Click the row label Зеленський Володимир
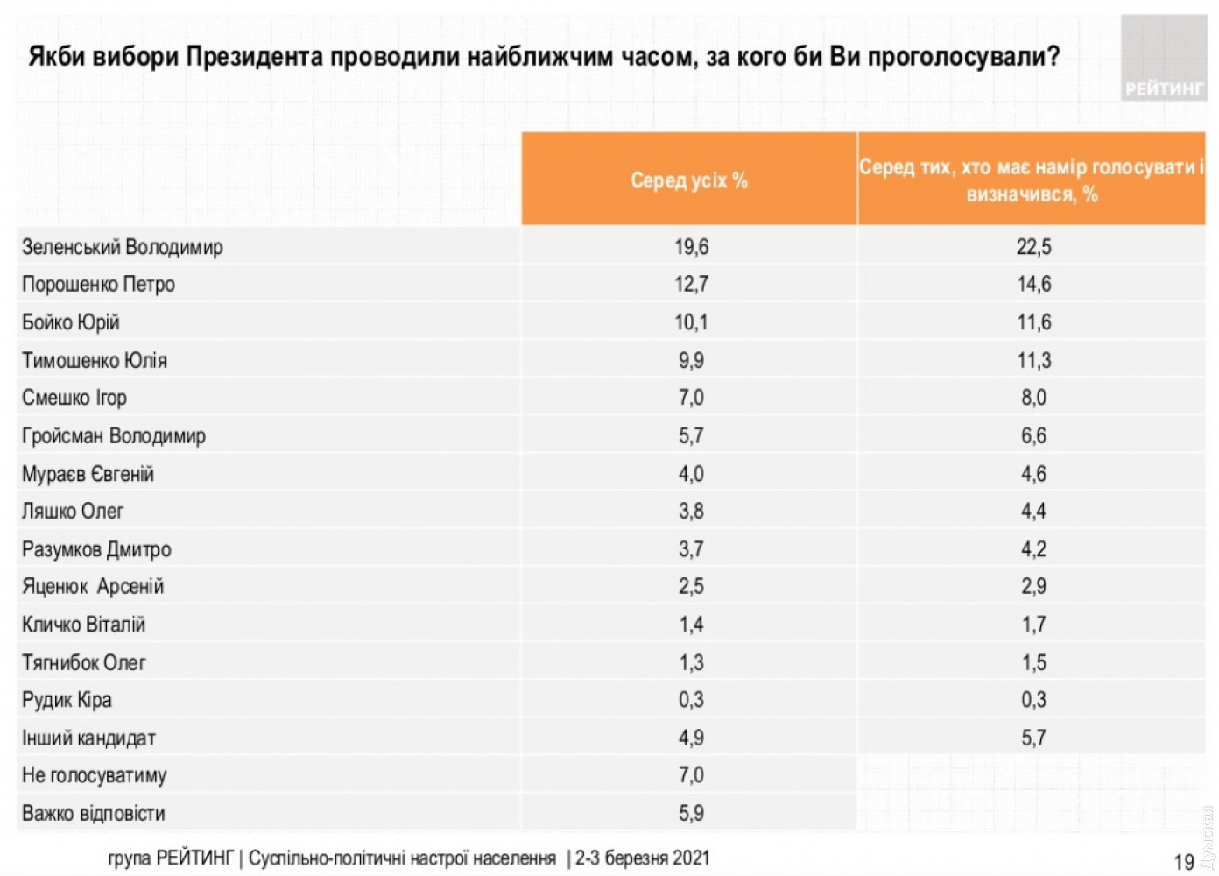123,247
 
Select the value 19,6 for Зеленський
691,247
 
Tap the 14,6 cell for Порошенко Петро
1033,285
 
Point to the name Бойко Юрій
71,322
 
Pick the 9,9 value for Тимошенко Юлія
691,360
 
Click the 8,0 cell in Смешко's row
1033,398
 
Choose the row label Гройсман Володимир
114,435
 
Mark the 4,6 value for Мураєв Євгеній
1033,474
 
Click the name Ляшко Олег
73,511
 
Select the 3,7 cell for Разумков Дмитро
691,549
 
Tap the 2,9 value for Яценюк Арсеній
1033,587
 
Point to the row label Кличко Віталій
84,625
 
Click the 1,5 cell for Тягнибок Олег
1033,662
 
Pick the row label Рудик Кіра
67,700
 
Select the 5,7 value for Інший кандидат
1033,738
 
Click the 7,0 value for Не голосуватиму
691,775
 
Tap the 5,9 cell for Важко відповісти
691,814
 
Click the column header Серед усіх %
689,180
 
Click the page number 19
1184,862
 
